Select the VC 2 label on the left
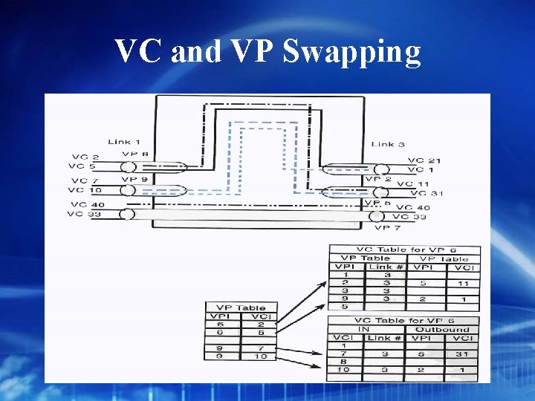(x=85, y=157)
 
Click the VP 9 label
(x=134, y=180)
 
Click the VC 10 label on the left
(x=86, y=191)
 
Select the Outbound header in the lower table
(x=441, y=329)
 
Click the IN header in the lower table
(x=363, y=329)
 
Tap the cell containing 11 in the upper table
(x=463, y=283)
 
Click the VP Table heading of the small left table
(x=240, y=307)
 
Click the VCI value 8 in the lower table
(x=343, y=362)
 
